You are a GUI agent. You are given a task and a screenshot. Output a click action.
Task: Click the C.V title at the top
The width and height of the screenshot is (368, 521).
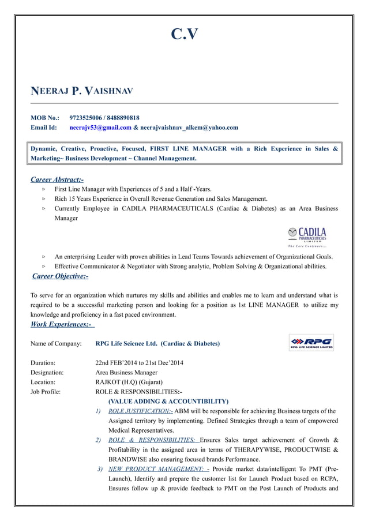(185, 35)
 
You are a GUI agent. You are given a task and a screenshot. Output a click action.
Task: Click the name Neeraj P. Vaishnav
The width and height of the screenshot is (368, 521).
(81, 91)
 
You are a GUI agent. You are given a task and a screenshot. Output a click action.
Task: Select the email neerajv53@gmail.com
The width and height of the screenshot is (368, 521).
(100, 128)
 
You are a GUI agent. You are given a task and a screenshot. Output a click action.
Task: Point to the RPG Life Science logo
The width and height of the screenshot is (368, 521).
(311, 343)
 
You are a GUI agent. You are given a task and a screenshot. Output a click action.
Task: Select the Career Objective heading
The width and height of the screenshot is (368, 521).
(60, 276)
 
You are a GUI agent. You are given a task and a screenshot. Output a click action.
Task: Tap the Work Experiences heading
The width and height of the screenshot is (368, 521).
(61, 325)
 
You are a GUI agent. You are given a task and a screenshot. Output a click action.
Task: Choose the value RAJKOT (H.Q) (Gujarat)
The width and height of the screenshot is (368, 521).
(129, 382)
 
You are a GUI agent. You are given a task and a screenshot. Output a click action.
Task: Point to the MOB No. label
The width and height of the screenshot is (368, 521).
(45, 117)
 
